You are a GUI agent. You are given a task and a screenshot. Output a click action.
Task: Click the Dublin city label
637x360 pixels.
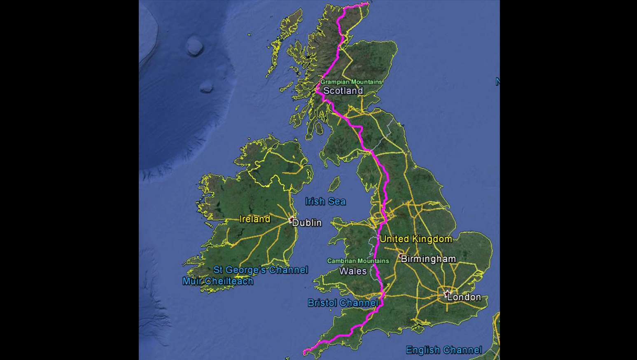(x=307, y=223)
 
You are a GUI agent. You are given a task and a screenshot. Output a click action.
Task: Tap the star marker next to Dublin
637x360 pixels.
(x=292, y=219)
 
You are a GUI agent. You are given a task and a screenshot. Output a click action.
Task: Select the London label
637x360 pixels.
(x=464, y=297)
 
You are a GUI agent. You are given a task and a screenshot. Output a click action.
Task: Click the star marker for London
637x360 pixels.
(x=447, y=294)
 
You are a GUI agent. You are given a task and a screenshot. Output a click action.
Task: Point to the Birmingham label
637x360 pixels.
(x=428, y=259)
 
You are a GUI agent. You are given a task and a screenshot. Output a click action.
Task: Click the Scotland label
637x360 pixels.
(x=343, y=91)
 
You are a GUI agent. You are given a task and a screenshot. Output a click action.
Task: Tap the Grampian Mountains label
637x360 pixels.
(x=351, y=82)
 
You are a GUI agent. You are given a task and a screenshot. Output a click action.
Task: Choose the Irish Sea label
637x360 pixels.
(x=325, y=201)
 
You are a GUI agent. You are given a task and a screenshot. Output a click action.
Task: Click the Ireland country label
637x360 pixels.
(x=255, y=219)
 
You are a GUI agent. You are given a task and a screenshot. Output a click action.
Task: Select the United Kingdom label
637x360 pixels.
(x=416, y=239)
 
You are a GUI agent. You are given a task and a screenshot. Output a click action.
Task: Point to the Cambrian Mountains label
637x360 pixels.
(x=358, y=261)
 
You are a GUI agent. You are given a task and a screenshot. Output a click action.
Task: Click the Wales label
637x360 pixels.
(x=353, y=271)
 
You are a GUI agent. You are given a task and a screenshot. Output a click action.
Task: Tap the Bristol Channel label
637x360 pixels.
(x=343, y=303)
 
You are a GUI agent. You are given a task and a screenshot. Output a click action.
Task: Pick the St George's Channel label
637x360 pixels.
(x=260, y=270)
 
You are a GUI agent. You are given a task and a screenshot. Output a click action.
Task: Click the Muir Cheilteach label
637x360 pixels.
(x=218, y=281)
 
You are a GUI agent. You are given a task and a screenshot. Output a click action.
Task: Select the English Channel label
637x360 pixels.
(x=443, y=350)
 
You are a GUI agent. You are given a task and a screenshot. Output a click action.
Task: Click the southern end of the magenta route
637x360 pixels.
(x=304, y=352)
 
